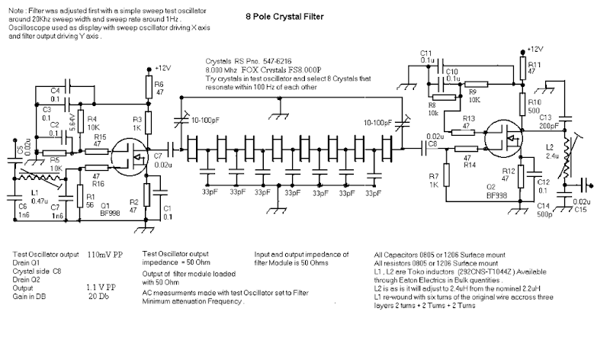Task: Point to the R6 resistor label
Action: point(158,86)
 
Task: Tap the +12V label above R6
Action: point(164,68)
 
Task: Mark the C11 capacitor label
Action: point(426,53)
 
